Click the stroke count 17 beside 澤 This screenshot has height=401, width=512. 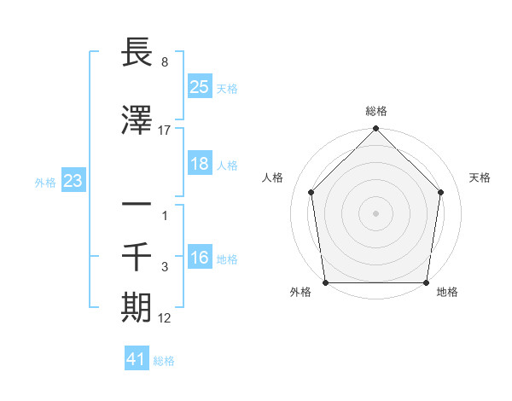coord(164,130)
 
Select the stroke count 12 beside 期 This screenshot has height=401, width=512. coord(164,317)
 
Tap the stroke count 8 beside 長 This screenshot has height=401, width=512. coord(164,62)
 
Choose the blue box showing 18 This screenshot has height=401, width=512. coord(199,163)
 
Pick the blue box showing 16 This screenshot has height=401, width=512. coord(199,257)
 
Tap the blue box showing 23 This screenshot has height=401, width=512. coord(73,180)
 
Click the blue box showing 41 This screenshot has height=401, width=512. coord(137,359)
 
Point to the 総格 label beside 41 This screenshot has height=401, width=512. coord(164,361)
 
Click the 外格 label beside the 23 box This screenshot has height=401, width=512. coord(45,182)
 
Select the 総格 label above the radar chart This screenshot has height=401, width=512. coord(375,111)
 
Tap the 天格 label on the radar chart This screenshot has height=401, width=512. coord(480,177)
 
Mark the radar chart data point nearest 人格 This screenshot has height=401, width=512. coord(311,192)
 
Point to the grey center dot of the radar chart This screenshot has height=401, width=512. coord(375,212)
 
